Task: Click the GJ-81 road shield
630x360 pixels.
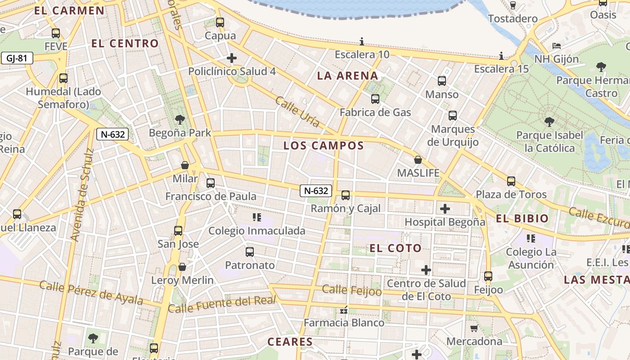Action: tap(17, 58)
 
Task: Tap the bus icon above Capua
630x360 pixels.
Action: tap(220, 22)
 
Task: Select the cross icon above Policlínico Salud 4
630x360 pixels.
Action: tap(232, 58)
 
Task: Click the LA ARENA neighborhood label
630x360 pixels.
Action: tap(347, 76)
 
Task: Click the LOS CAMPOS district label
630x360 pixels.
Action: tap(324, 145)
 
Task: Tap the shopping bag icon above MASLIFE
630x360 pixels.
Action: tap(418, 160)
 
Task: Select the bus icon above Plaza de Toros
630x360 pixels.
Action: tap(511, 181)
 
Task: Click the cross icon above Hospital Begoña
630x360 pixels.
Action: tap(445, 209)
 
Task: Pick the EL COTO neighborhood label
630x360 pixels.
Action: tap(396, 248)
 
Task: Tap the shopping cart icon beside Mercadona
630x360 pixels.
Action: tap(474, 328)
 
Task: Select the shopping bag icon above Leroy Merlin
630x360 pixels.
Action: tap(182, 267)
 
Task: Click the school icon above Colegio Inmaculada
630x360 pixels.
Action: tap(257, 218)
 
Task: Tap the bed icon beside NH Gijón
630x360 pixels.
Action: tap(557, 46)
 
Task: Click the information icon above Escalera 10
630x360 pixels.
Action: tap(362, 42)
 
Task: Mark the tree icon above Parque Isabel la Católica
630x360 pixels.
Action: tap(549, 121)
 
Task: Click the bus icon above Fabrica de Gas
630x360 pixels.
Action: tap(375, 99)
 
